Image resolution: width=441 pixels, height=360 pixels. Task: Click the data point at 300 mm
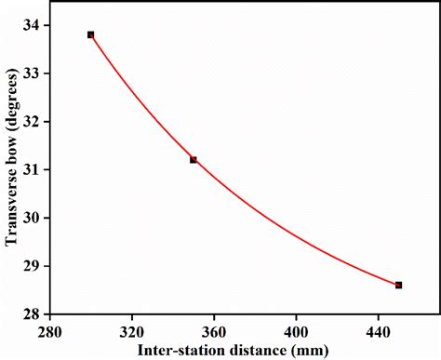pyautogui.click(x=90, y=34)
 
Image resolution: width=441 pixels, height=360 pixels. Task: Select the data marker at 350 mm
pyautogui.click(x=194, y=160)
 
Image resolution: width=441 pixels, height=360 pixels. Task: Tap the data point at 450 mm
pyautogui.click(x=398, y=285)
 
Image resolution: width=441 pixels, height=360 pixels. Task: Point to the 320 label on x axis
pyautogui.click(x=132, y=330)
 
